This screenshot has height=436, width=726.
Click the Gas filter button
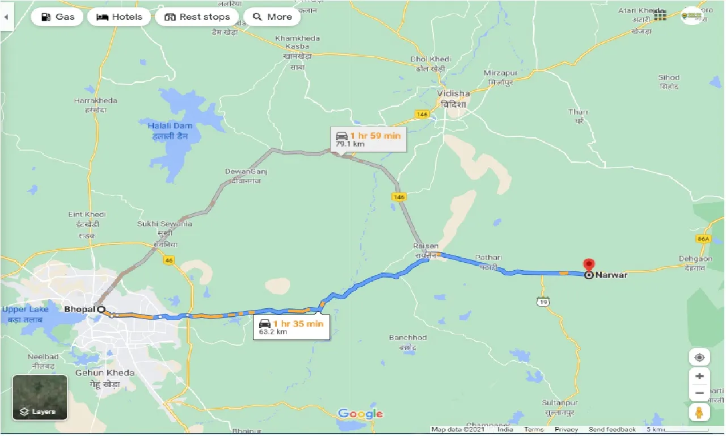(x=57, y=17)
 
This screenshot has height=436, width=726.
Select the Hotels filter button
(x=119, y=17)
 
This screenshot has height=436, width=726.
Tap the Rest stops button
(x=197, y=17)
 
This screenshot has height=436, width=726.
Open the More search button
(x=273, y=17)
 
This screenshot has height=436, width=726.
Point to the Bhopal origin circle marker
(x=101, y=309)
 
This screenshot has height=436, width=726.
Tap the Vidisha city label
(x=453, y=93)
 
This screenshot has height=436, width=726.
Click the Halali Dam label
(x=170, y=126)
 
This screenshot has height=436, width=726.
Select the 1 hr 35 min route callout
(x=291, y=327)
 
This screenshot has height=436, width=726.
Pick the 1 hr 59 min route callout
(x=369, y=139)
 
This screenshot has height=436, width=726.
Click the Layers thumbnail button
(x=40, y=397)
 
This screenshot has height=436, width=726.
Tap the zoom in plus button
(x=699, y=376)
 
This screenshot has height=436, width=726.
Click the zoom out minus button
(x=699, y=392)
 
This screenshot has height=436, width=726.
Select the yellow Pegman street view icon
(x=699, y=412)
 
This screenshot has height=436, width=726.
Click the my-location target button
(x=699, y=357)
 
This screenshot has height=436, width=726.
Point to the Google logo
(x=360, y=414)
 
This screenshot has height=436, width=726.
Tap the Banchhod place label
(x=408, y=338)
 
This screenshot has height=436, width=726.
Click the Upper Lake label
(x=26, y=309)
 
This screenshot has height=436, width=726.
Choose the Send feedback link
(x=612, y=430)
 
